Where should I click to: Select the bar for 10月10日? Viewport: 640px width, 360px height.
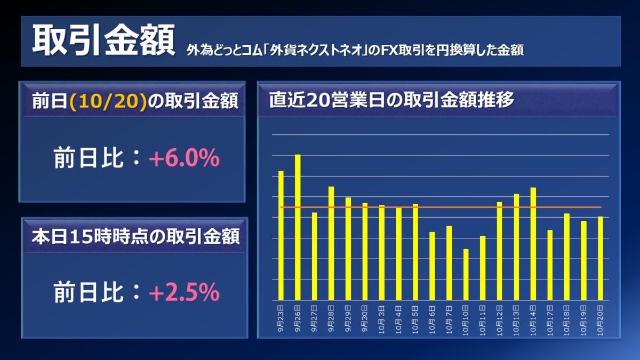click(x=466, y=274)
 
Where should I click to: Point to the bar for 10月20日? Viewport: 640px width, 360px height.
click(x=600, y=258)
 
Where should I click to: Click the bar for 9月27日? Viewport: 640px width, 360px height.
click(x=315, y=256)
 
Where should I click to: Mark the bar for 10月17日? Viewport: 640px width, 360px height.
click(x=550, y=265)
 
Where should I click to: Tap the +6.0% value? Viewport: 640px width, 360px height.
click(x=185, y=159)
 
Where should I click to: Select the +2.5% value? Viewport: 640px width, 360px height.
click(x=185, y=292)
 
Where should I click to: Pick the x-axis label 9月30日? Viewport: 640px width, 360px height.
click(x=365, y=319)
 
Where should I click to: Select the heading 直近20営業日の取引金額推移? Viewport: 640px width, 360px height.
click(x=391, y=100)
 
